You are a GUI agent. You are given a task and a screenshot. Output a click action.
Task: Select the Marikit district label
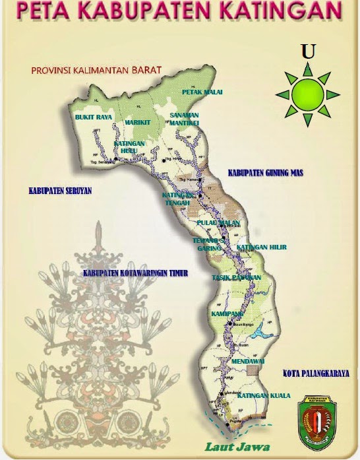tap(138, 121)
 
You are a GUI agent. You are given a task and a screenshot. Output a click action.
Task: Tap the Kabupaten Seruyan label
tap(60, 191)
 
